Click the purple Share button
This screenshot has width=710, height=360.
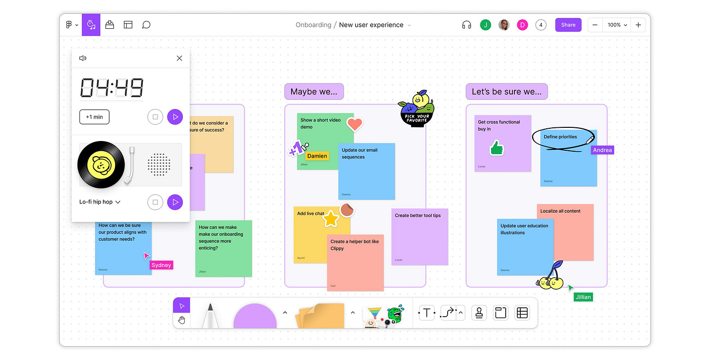click(568, 25)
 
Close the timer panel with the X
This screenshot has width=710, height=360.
click(179, 58)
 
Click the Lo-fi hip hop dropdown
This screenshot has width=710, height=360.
click(100, 202)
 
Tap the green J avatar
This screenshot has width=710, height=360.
click(485, 25)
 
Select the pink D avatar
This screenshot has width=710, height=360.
click(522, 25)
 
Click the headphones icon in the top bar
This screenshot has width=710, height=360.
click(467, 25)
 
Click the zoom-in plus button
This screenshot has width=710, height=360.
click(638, 25)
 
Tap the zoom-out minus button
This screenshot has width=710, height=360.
click(595, 25)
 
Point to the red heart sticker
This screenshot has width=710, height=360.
click(355, 124)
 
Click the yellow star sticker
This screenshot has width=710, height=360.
click(331, 219)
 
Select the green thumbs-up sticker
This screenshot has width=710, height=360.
click(496, 147)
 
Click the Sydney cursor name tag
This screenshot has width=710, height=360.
click(161, 265)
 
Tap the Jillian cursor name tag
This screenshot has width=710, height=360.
click(583, 297)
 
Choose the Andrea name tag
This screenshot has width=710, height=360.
click(602, 150)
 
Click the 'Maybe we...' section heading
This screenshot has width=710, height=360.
click(314, 91)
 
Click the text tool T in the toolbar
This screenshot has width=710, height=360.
click(427, 313)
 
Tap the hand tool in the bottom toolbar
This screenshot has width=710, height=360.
click(182, 320)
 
